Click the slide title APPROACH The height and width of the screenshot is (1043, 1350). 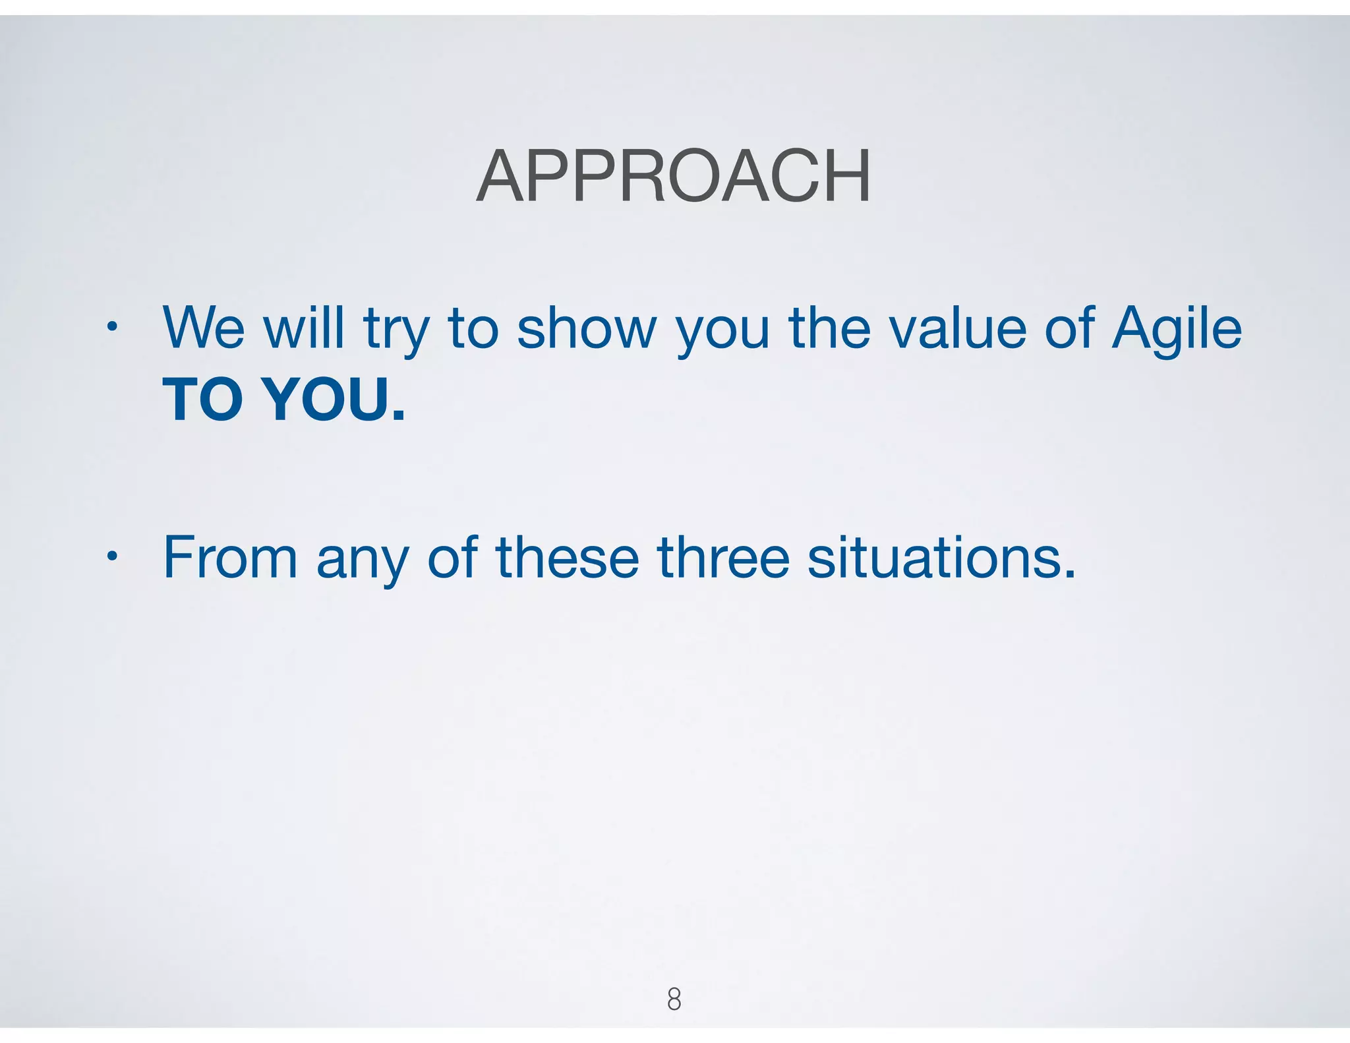[674, 177]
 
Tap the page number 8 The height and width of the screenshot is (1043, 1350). [674, 999]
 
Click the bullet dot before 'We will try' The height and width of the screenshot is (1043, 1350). [112, 326]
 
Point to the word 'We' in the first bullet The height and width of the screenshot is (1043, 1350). [204, 328]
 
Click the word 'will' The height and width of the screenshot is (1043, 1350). [304, 328]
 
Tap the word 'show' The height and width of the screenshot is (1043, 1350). [587, 328]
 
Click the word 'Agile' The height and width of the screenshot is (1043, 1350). [1176, 330]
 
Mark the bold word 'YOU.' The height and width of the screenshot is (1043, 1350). [334, 400]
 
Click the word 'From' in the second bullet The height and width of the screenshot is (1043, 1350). [230, 558]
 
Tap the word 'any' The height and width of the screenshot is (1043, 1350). [363, 562]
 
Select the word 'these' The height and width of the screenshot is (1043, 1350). [568, 558]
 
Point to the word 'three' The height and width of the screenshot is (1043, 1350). [723, 558]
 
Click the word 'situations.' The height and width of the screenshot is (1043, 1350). [941, 558]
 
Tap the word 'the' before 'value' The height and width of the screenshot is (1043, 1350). [830, 328]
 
